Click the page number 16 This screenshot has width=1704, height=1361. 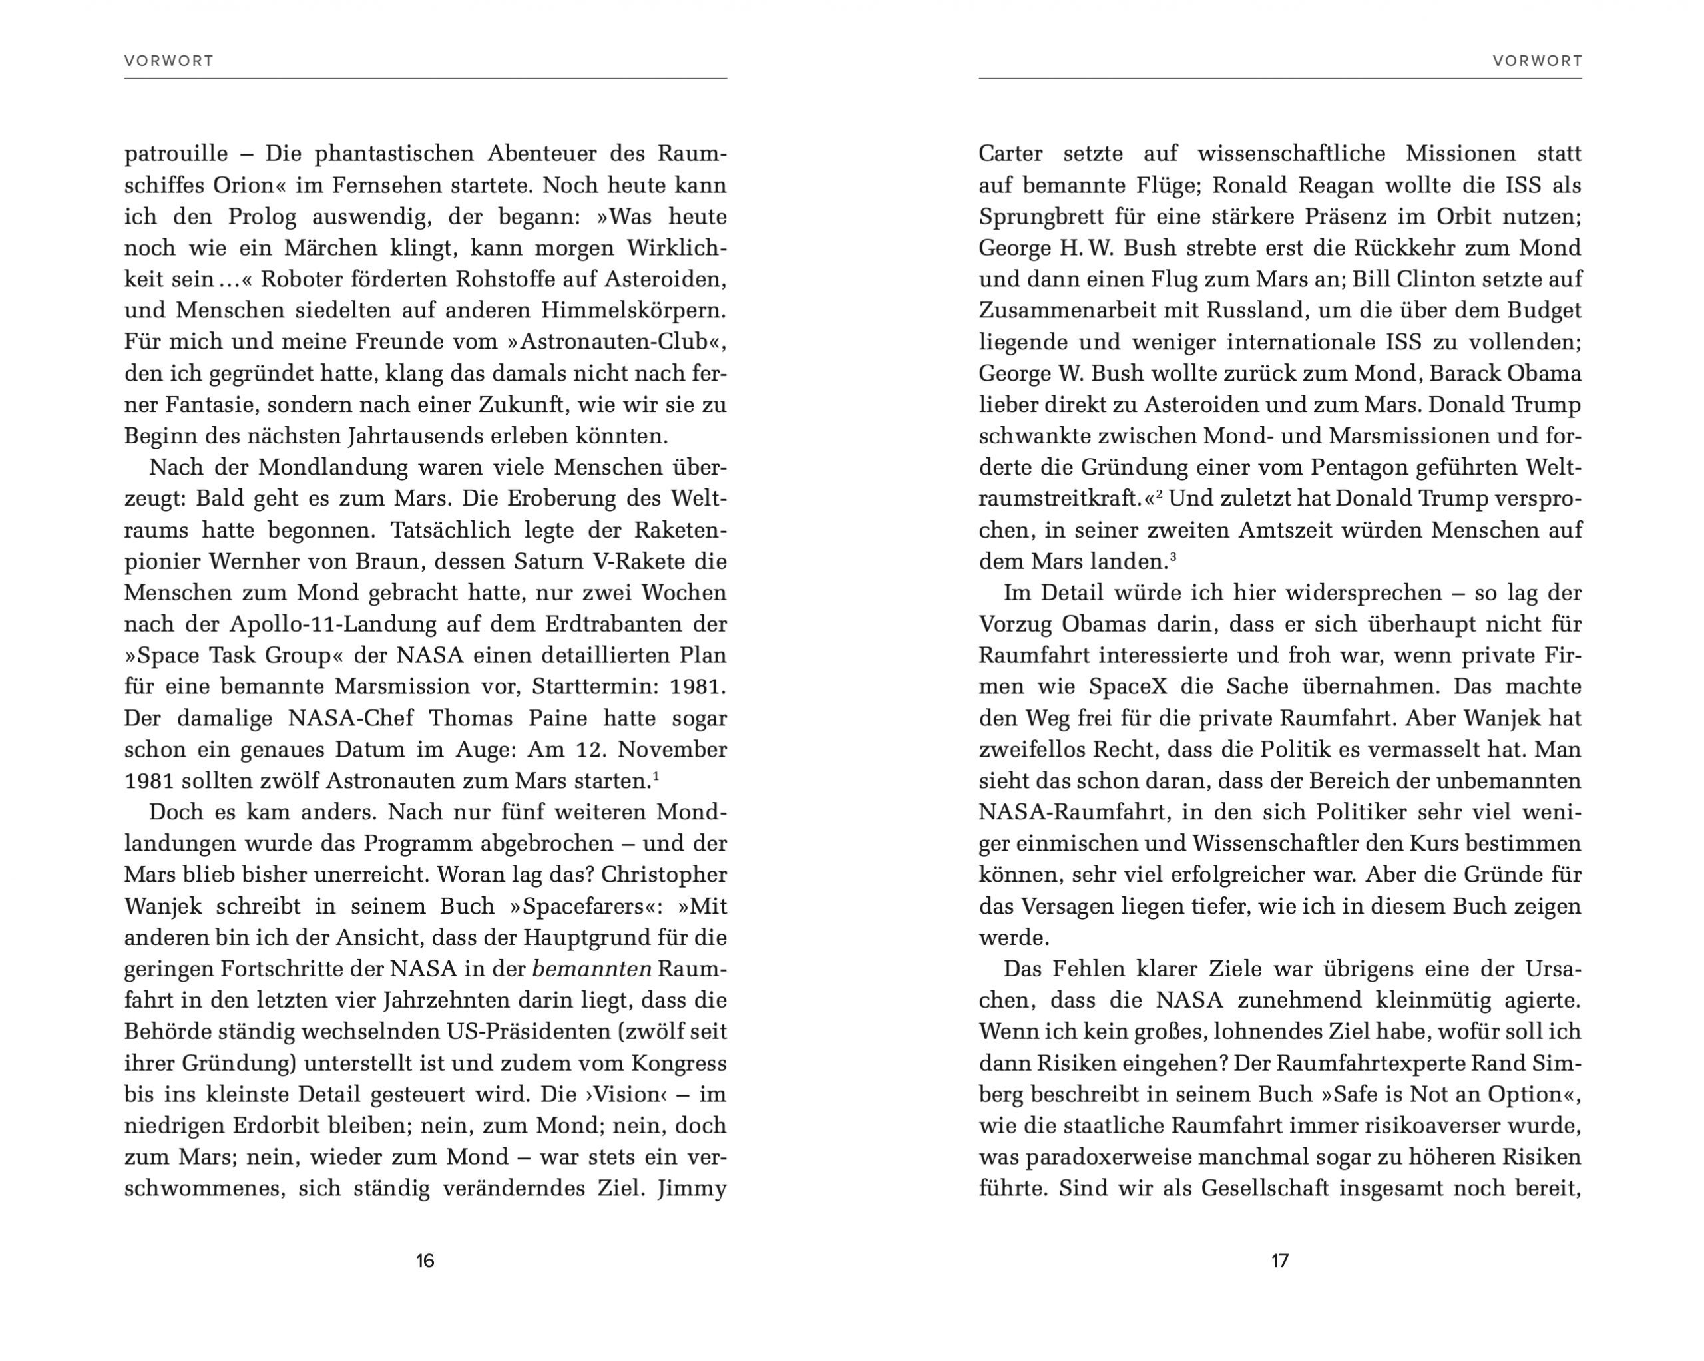425,1261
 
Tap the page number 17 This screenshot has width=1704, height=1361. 1279,1261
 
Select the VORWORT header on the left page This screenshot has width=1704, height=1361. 169,61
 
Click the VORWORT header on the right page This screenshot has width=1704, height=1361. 1537,61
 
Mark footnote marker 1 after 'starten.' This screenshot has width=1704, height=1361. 656,775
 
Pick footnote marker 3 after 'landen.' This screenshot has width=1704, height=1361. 1173,556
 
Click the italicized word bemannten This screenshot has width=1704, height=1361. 592,968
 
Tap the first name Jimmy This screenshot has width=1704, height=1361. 692,1188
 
